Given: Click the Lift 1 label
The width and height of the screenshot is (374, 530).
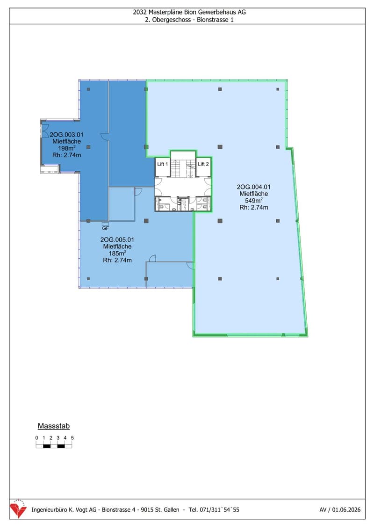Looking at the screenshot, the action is (x=163, y=164).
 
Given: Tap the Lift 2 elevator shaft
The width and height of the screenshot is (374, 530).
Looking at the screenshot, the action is (x=204, y=167).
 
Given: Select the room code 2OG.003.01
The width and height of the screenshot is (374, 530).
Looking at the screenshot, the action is (x=66, y=135).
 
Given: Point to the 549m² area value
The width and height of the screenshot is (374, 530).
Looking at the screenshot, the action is (x=254, y=200).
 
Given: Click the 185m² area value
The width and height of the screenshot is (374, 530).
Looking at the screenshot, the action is (x=117, y=253).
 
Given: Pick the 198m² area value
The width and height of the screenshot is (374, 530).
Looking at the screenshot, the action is (x=66, y=148).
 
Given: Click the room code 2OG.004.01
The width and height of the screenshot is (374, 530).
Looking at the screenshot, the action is (x=254, y=187).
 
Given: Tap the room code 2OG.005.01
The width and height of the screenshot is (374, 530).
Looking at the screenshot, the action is (x=117, y=240).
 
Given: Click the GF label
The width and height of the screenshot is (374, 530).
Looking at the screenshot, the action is (x=105, y=228).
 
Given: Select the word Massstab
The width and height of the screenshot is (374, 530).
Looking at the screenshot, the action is (x=54, y=426).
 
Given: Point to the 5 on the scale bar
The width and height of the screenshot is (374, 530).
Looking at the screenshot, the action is (x=72, y=438).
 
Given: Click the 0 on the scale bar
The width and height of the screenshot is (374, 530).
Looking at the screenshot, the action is (x=36, y=438).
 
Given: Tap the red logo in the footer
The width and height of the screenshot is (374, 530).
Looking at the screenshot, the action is (x=18, y=508).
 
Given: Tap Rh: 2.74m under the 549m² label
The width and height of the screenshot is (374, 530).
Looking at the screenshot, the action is (x=254, y=208).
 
